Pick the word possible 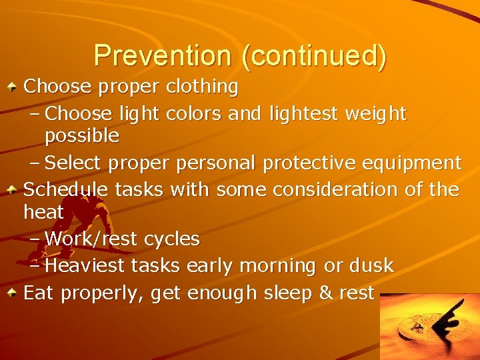click(x=82, y=137)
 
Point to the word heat click(x=43, y=213)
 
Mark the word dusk click(x=371, y=266)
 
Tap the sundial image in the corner click(x=429, y=327)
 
